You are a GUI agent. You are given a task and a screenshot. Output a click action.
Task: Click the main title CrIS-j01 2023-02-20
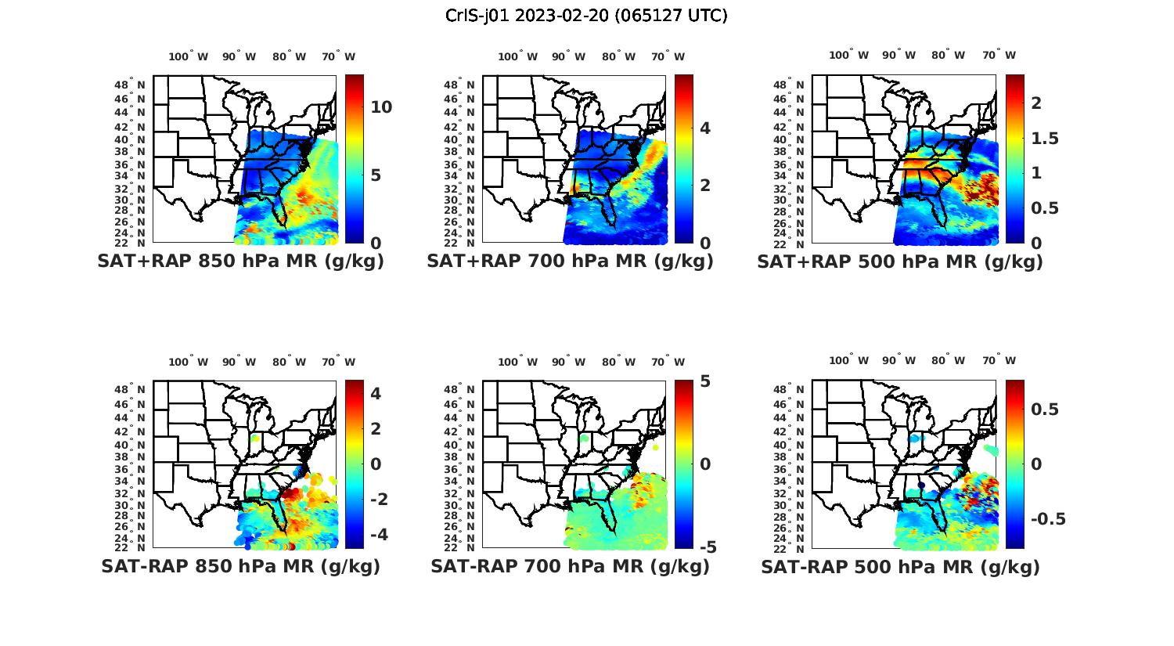586,15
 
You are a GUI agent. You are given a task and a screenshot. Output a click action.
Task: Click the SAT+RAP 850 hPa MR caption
240,262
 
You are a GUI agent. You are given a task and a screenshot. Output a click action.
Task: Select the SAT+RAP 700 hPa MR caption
570,262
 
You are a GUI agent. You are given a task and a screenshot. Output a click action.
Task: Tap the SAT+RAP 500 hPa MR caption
900,262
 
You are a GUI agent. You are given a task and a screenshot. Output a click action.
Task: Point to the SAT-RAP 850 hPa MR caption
240,566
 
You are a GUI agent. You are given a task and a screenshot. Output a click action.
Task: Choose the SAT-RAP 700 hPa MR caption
570,566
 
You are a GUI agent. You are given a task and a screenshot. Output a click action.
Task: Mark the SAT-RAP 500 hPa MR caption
900,566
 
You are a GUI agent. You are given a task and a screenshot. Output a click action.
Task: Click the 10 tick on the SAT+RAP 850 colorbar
381,107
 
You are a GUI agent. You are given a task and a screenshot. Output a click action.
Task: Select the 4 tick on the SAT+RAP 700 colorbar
705,128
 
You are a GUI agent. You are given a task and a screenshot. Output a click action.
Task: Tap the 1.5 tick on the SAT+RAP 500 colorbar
1045,139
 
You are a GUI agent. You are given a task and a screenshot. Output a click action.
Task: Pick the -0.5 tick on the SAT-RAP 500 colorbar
1047,519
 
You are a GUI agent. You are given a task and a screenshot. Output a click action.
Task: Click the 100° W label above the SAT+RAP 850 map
189,56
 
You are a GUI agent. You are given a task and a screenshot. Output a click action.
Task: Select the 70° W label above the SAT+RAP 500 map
999,55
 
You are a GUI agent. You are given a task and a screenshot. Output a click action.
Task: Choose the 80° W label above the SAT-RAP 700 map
618,362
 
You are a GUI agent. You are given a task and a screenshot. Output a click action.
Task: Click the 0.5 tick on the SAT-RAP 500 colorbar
1045,410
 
